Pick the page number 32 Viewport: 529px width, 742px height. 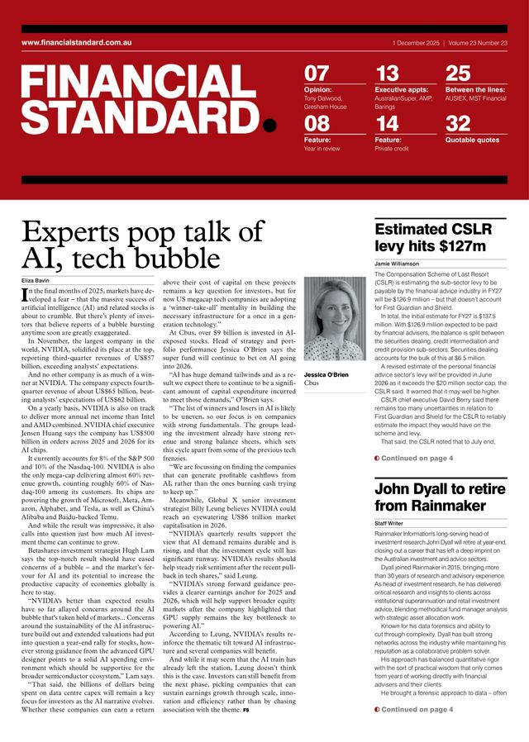pyautogui.click(x=458, y=125)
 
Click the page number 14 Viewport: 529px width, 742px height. pyautogui.click(x=387, y=125)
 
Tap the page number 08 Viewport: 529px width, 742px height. pyautogui.click(x=317, y=125)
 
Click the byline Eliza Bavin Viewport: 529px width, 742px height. pyautogui.click(x=37, y=281)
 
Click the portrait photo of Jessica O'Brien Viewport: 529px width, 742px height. pyautogui.click(x=334, y=323)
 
